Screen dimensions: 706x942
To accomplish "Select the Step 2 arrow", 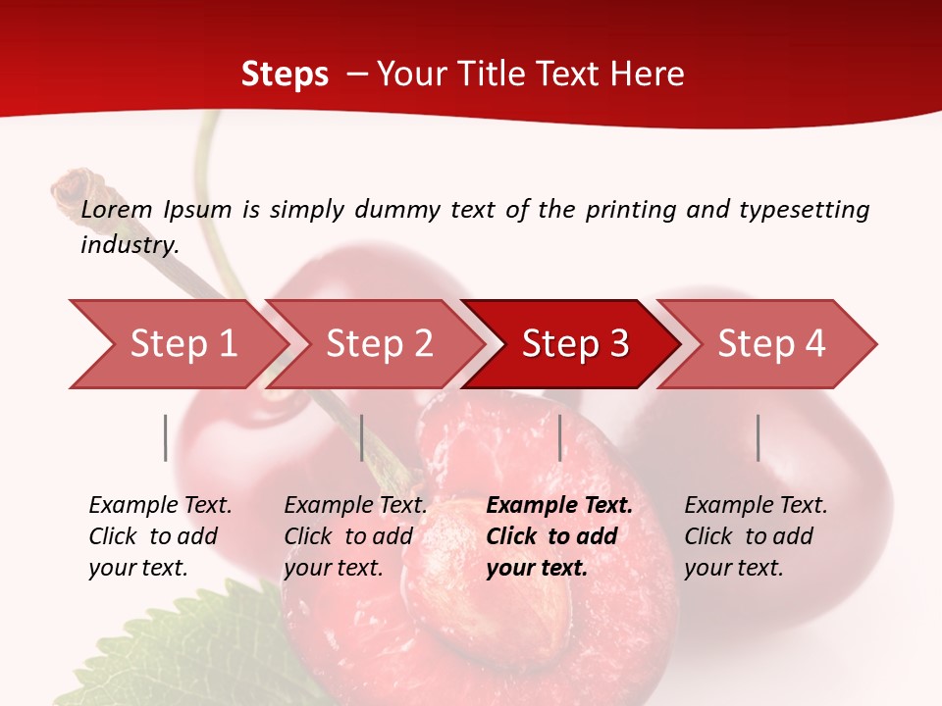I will pos(379,344).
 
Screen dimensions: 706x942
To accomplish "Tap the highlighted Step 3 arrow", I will pos(575,344).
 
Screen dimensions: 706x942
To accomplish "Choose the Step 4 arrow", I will pos(771,344).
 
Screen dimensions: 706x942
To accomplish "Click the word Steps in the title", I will pos(285,75).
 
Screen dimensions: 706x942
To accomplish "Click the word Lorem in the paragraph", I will pos(117,210).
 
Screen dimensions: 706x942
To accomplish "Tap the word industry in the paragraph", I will pos(129,245).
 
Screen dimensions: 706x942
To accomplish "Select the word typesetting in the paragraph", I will pos(804,210).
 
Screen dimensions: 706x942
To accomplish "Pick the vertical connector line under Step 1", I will pos(166,437).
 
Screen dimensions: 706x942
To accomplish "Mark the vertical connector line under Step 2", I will pos(362,437).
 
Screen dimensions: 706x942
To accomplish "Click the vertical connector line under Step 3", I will pos(559,437).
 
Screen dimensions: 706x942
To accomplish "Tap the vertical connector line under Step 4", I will pos(758,437).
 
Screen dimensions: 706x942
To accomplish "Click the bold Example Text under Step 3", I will pos(559,506).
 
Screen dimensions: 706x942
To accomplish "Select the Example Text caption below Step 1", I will pos(160,506).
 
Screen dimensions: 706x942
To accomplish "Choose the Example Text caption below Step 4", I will pos(756,506).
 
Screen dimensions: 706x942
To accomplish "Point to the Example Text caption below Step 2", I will pos(355,506).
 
